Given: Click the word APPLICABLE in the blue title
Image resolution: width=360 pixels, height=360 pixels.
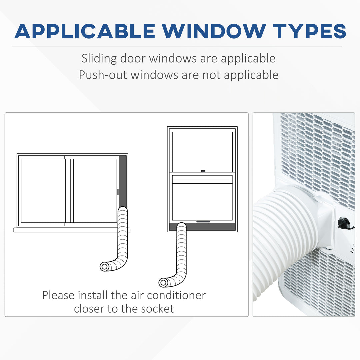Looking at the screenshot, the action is point(85,31).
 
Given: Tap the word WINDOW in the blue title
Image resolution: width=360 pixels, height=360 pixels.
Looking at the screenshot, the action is point(214,31).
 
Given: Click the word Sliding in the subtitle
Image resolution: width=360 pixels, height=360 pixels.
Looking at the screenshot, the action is point(99,59).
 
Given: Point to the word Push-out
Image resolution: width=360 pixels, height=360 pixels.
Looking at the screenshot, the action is point(103,75).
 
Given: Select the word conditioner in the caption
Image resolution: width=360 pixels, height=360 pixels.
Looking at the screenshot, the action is point(176,295).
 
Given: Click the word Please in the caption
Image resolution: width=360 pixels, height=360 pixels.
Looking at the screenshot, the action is point(58,295).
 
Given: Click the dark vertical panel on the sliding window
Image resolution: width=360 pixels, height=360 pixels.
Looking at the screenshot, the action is point(123,181).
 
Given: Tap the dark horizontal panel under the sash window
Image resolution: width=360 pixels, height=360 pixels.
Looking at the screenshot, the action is point(202,227).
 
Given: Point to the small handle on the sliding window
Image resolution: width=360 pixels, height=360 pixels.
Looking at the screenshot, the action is point(118,192).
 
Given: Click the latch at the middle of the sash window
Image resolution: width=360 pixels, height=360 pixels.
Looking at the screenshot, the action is point(203,171).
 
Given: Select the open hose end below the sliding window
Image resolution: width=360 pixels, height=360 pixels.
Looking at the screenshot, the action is point(104,267).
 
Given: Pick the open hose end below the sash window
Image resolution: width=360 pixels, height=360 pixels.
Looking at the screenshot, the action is point(163,282).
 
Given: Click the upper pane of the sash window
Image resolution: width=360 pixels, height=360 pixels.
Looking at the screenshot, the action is point(202,152).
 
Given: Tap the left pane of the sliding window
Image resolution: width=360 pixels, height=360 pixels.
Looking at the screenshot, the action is point(43,191).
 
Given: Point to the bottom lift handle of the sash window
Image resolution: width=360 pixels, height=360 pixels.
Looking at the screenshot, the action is point(203,222).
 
